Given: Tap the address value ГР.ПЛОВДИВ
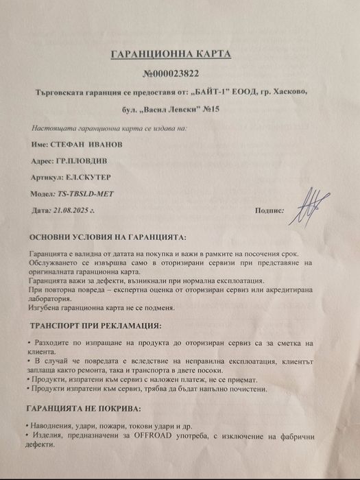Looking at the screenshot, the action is [x=80, y=160].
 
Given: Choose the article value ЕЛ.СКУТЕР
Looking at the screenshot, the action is [x=87, y=176].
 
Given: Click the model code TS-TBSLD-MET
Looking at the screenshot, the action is [x=85, y=193].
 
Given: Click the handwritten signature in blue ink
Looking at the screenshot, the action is [x=308, y=204].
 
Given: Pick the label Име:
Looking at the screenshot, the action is [x=39, y=144].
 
